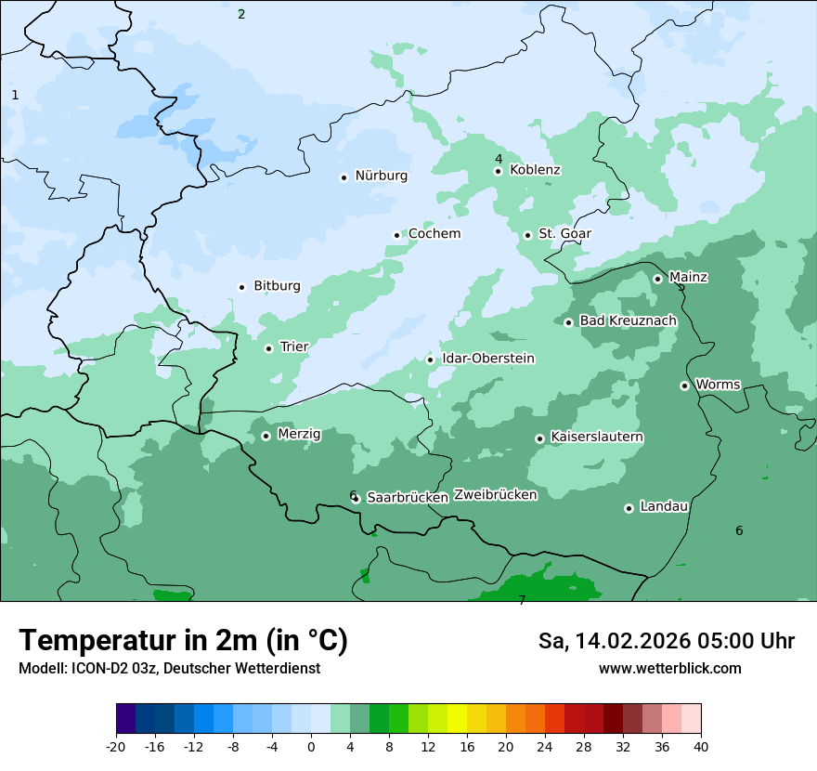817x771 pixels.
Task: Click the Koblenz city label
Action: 535,170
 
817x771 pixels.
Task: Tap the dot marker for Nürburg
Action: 344,177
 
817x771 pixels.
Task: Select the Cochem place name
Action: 434,234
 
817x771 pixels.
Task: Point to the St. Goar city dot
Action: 527,235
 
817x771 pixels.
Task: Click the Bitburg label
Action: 277,286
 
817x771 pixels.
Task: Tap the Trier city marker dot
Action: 268,348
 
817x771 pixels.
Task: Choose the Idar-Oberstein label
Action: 487,359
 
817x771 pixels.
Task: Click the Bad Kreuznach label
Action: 628,320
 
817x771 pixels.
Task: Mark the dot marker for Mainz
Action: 657,279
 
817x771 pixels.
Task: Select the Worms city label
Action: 718,385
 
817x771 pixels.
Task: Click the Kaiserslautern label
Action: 596,437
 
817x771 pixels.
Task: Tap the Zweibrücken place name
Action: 495,495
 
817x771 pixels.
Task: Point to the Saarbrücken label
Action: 407,498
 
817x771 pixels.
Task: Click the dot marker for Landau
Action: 629,508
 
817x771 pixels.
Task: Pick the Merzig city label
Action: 299,434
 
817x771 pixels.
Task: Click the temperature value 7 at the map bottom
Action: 522,600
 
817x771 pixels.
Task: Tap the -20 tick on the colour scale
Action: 116,746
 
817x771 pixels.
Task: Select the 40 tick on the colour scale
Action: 700,746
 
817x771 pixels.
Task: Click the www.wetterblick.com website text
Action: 669,669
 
